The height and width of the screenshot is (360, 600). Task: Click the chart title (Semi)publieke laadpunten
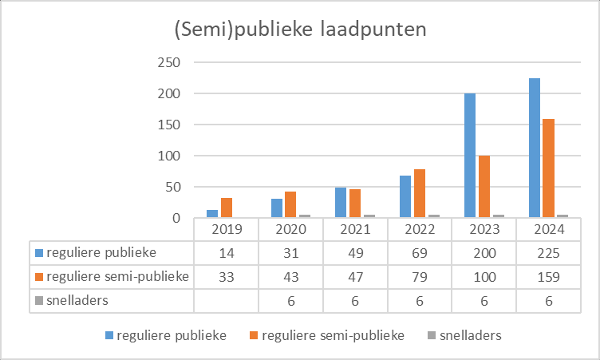[x=301, y=30]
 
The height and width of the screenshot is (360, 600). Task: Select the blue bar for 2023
[x=470, y=155]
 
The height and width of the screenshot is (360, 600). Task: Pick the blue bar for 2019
[x=212, y=213]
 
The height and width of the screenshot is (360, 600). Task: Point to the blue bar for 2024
[x=535, y=148]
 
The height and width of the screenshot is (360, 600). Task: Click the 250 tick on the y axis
[x=170, y=62]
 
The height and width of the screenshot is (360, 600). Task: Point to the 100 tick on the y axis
[x=170, y=156]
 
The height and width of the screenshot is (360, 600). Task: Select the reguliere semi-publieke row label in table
[x=111, y=276]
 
